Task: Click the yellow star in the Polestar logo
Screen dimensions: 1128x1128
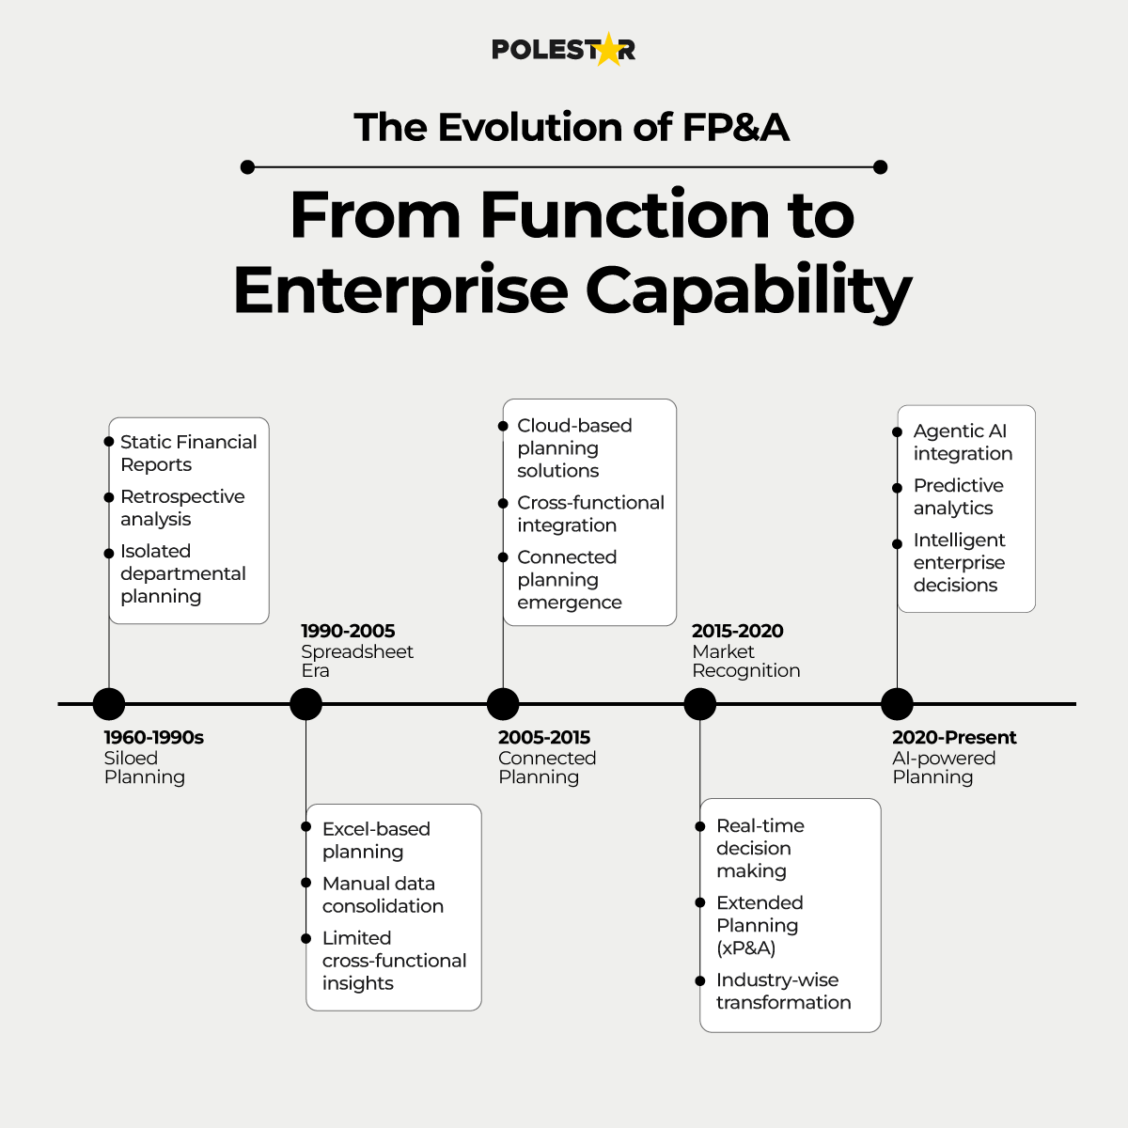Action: tap(609, 50)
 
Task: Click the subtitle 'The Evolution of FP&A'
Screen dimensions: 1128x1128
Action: tap(571, 127)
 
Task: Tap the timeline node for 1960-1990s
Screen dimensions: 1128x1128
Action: tap(109, 704)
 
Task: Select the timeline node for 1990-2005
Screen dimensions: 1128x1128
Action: tap(305, 704)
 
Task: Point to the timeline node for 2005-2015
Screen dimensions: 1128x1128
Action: tap(503, 704)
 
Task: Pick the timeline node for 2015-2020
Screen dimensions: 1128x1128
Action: tap(699, 704)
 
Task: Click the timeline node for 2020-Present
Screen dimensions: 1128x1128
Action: tap(897, 704)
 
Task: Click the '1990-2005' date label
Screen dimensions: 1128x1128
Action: tap(348, 631)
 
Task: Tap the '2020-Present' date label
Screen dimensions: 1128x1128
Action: tap(954, 737)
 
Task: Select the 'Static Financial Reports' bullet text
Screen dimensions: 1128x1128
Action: tap(188, 453)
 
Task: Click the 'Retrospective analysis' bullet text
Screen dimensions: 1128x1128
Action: tap(182, 508)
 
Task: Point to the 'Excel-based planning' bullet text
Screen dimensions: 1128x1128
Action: tap(376, 840)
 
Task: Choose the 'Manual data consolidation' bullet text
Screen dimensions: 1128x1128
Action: tap(383, 895)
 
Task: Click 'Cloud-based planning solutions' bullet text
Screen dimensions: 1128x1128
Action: tap(574, 448)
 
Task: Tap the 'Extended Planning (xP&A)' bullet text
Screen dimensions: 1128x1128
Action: tap(760, 925)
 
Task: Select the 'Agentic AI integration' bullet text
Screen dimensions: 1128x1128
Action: tap(963, 442)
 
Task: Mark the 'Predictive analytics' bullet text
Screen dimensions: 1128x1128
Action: tap(958, 496)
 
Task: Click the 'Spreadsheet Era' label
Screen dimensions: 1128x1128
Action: tap(356, 661)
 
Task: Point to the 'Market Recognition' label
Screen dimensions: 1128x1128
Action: tap(745, 661)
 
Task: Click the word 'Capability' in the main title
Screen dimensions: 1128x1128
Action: tap(748, 290)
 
